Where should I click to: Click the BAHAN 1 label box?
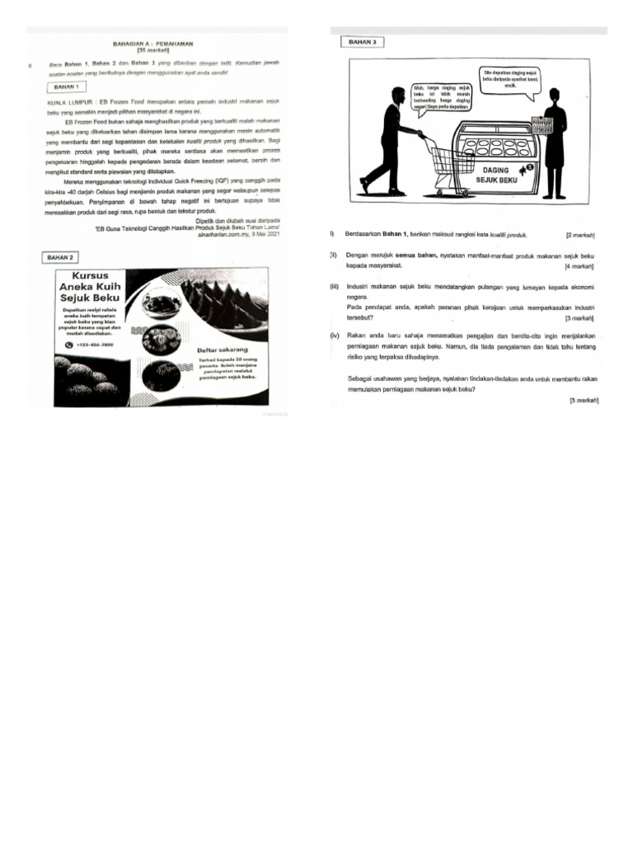point(67,86)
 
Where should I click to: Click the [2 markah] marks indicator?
point(582,235)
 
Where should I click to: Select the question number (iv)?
point(335,336)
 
